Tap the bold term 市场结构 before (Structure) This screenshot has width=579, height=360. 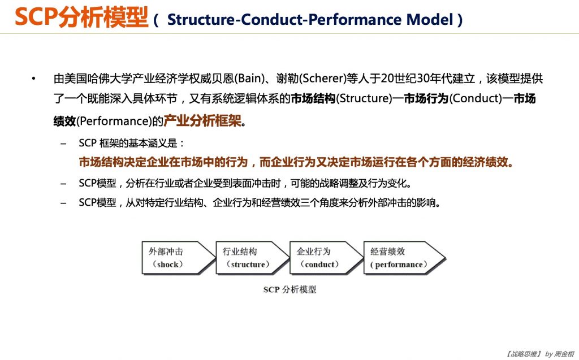click(313, 99)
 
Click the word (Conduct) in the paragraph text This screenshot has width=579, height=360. click(476, 99)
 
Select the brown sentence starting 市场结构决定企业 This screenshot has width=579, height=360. click(296, 163)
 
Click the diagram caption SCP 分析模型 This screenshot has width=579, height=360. click(289, 289)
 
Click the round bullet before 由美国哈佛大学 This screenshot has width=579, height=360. click(34, 79)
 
